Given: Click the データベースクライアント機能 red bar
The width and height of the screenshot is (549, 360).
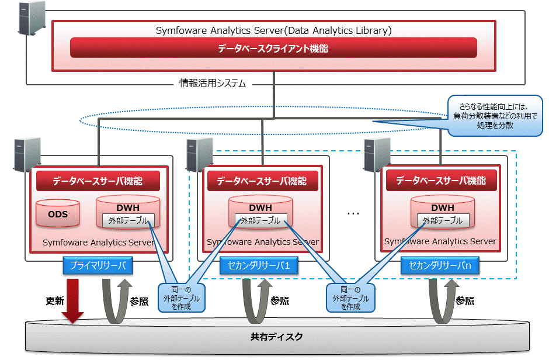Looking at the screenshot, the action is point(273,48).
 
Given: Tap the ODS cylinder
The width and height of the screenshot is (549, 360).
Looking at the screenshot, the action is point(58,213).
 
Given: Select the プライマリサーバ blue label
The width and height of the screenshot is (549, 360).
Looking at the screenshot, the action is point(98,265).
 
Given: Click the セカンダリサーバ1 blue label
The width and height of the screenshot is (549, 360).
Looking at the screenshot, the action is point(259,265).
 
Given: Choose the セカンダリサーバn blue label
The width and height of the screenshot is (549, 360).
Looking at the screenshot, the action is point(440,265).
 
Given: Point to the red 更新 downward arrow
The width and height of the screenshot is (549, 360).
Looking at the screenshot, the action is point(73,300).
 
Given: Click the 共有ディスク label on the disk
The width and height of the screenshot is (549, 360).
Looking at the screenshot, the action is point(277,337).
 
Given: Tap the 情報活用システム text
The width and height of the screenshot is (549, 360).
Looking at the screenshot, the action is point(213,84).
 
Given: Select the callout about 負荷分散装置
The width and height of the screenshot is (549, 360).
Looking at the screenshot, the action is point(495,116).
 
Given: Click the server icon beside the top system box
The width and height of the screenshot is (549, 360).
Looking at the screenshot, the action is point(32,18).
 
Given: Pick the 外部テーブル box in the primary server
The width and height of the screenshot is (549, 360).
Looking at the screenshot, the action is point(128,221).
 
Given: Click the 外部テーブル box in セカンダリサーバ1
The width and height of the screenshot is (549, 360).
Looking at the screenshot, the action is point(261,221).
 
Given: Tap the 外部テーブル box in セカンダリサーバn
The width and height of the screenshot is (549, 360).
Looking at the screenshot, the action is point(443,221).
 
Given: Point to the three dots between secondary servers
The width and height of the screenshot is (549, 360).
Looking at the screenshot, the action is point(353,214).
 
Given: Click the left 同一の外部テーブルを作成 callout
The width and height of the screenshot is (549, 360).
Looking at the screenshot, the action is point(182,297).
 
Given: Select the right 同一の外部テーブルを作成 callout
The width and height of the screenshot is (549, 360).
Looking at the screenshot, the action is point(350,297).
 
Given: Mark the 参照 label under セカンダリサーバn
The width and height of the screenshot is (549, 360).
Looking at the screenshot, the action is point(465,301).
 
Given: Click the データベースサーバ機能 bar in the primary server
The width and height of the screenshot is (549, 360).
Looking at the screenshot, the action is point(98,181).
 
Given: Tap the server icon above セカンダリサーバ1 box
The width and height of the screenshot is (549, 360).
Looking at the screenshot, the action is point(200,155).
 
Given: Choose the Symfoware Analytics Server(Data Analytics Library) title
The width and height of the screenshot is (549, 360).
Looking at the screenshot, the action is point(274,30).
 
